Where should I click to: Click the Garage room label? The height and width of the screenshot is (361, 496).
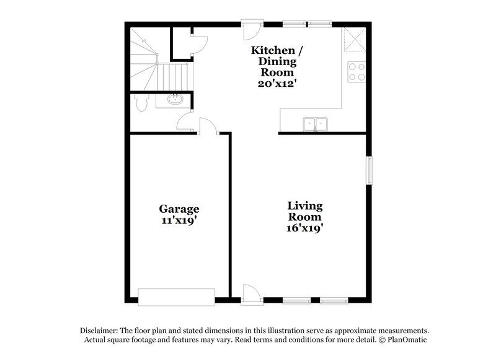click(179, 209)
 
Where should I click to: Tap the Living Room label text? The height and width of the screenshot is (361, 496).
click(304, 212)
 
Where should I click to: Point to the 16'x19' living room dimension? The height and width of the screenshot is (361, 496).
click(304, 228)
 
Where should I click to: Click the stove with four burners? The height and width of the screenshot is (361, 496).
click(356, 73)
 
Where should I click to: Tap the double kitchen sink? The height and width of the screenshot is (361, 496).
click(316, 124)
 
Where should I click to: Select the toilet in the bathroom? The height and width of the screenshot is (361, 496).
click(139, 102)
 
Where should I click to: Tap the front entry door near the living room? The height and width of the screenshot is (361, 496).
click(250, 294)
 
